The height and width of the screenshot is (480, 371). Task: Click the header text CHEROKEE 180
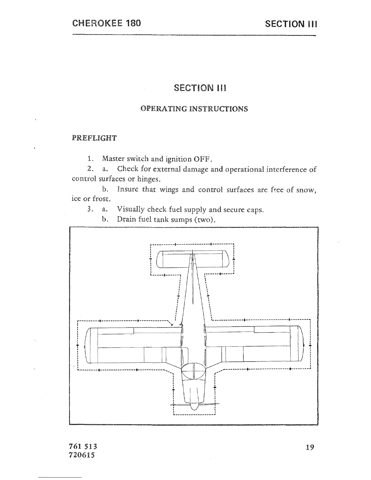point(106,23)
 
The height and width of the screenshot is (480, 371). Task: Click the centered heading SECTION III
point(200,88)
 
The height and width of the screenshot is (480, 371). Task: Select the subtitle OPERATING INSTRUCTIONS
point(194,109)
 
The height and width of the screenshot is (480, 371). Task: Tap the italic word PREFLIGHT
point(94,138)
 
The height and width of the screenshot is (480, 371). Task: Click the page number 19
point(310,447)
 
